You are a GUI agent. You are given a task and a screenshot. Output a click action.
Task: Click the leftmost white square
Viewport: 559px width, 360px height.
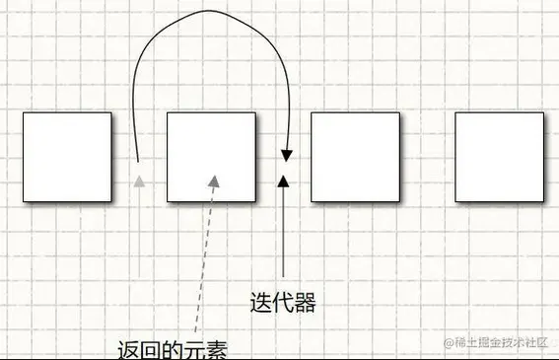(66, 157)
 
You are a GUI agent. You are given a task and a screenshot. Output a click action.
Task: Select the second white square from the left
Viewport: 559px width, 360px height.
(211, 157)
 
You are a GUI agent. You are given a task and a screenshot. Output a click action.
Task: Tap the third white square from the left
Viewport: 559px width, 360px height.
(355, 157)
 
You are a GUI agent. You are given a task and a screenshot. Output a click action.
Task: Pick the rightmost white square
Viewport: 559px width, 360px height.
(499, 157)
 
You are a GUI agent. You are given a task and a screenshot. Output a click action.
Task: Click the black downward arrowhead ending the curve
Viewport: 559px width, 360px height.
(286, 155)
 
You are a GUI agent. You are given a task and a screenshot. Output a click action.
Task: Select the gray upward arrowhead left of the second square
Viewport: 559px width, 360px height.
(140, 180)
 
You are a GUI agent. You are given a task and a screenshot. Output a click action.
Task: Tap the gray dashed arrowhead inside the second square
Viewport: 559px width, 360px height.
(213, 180)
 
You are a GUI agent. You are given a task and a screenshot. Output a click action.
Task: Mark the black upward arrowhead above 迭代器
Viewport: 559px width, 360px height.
(284, 180)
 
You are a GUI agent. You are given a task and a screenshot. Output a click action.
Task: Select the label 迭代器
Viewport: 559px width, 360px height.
(284, 302)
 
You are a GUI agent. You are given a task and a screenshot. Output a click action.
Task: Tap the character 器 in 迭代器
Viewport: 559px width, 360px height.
(306, 302)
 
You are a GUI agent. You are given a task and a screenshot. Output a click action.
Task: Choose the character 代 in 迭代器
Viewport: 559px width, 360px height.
(284, 302)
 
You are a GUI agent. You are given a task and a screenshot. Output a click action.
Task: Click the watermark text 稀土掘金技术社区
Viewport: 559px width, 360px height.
(502, 342)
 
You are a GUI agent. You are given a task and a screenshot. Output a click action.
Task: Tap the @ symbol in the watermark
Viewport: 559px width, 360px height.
(449, 342)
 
